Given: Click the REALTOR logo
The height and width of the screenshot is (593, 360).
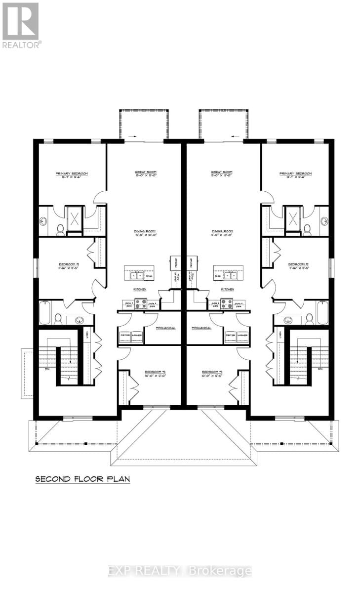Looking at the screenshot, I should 21,25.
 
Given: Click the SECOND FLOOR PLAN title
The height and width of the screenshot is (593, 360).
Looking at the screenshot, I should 81,479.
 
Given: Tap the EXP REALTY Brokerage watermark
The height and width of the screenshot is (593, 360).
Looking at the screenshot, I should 180,571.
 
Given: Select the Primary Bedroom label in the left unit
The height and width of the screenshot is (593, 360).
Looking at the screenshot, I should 72,173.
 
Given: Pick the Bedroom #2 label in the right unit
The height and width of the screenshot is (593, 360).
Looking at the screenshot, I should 298,264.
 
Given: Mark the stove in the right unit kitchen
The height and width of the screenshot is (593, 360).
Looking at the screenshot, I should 227,303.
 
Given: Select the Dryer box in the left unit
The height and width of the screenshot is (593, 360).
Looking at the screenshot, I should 125,336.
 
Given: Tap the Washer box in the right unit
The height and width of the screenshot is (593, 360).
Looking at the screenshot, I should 242,336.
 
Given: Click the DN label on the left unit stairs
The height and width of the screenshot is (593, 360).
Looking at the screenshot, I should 46,368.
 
